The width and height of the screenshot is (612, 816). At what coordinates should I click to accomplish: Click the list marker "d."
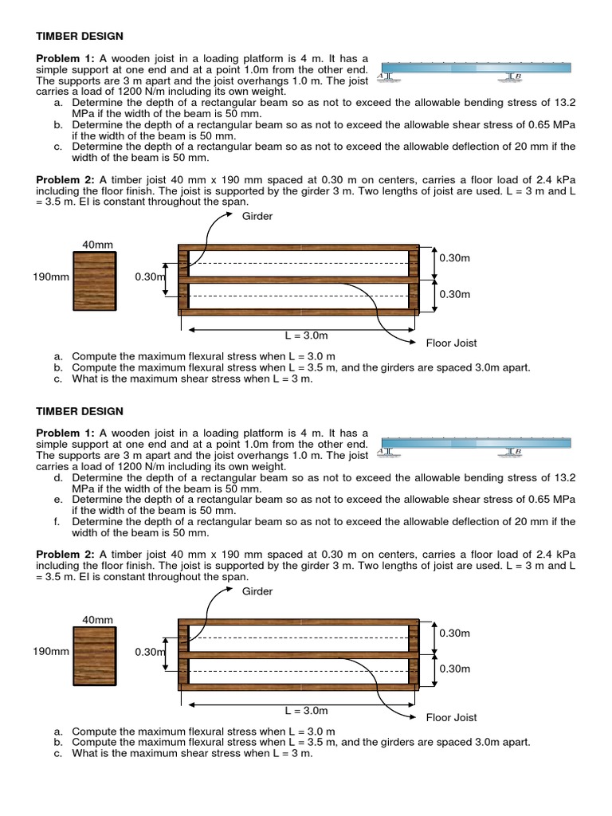[x=59, y=477]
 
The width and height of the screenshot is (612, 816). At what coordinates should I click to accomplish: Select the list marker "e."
[x=59, y=500]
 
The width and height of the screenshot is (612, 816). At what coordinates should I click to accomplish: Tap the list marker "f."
[x=59, y=522]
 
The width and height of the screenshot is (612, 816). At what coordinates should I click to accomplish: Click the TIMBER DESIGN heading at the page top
[x=80, y=36]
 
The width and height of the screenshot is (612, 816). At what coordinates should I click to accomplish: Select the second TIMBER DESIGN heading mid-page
[x=80, y=411]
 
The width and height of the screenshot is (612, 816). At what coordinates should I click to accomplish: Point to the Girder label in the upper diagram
[x=257, y=217]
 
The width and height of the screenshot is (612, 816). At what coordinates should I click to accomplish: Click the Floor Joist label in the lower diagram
[x=451, y=717]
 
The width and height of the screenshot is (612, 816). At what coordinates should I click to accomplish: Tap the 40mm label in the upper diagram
[x=97, y=245]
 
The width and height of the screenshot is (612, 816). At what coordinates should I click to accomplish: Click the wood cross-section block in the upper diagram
[x=94, y=280]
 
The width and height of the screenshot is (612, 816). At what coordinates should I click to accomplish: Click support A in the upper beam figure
[x=386, y=76]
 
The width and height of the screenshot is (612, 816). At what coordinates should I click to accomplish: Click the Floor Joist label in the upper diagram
[x=451, y=343]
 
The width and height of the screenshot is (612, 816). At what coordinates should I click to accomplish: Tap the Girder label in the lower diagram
[x=257, y=591]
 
